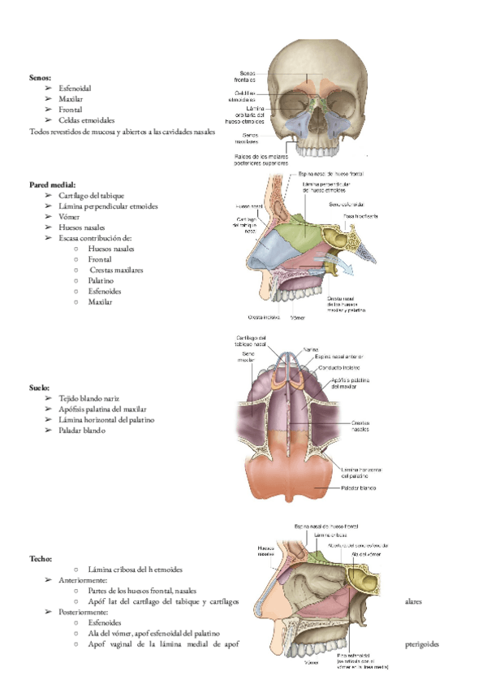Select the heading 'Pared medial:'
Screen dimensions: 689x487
click(x=51, y=184)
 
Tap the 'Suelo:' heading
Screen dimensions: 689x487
click(x=40, y=388)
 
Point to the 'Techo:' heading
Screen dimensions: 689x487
click(x=41, y=559)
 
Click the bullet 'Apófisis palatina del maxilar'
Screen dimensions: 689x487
click(x=102, y=409)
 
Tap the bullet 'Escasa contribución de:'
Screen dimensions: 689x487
click(x=96, y=238)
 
